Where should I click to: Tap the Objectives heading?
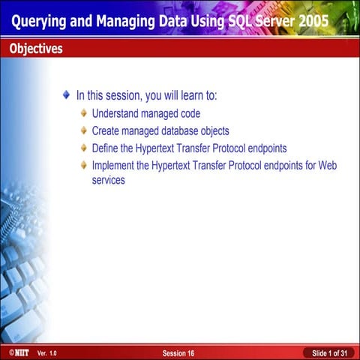click(x=36, y=49)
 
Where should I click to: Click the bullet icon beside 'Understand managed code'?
click(x=84, y=114)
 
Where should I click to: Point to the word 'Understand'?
click(x=115, y=114)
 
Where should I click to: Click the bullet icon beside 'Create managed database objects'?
click(x=84, y=131)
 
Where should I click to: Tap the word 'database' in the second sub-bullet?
click(x=177, y=131)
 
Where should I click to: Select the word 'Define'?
click(x=105, y=148)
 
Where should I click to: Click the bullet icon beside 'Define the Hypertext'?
click(x=84, y=148)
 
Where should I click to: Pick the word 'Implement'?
click(x=113, y=165)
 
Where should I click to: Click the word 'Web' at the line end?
click(x=327, y=165)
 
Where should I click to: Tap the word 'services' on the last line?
click(x=108, y=181)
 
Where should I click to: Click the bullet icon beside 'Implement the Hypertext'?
click(x=84, y=165)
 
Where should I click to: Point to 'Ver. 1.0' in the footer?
click(x=46, y=352)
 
